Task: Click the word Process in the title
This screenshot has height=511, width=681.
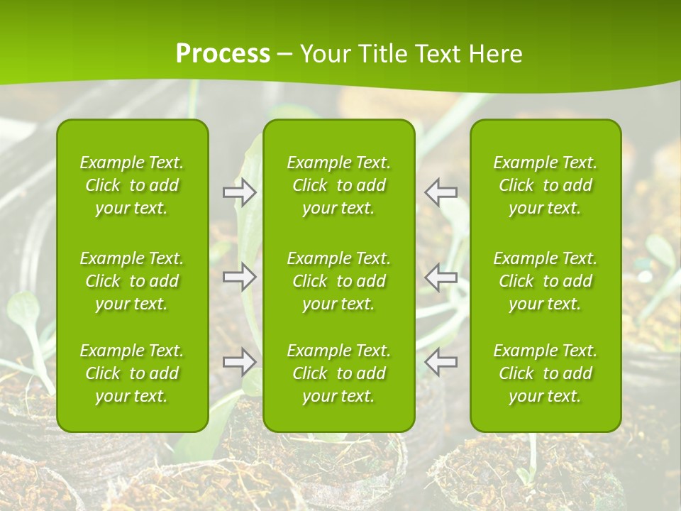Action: tap(223, 54)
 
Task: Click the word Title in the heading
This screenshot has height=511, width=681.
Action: tap(384, 54)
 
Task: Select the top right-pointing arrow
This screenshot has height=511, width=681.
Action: tap(239, 192)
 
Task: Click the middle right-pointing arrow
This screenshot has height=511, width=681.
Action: tap(239, 278)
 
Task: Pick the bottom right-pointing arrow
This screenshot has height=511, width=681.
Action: tap(239, 362)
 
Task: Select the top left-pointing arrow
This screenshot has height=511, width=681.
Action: tap(441, 192)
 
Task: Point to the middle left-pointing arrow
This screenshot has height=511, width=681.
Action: tap(441, 278)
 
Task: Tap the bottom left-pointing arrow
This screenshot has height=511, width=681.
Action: tap(441, 362)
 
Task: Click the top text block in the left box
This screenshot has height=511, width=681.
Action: tap(132, 185)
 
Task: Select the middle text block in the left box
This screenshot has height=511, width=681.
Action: tap(132, 281)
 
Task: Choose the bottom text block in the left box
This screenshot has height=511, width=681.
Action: tap(132, 373)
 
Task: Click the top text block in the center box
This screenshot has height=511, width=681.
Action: tap(339, 185)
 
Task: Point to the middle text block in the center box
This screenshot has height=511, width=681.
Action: tap(339, 281)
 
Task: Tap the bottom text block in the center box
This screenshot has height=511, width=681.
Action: tap(339, 373)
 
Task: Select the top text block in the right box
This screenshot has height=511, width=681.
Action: tap(546, 185)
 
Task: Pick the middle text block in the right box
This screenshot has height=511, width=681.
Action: tap(546, 281)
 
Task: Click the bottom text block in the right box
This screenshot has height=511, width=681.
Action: tap(546, 373)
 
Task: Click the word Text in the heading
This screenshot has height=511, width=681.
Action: tap(436, 54)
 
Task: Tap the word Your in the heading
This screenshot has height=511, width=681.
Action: tap(325, 54)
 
